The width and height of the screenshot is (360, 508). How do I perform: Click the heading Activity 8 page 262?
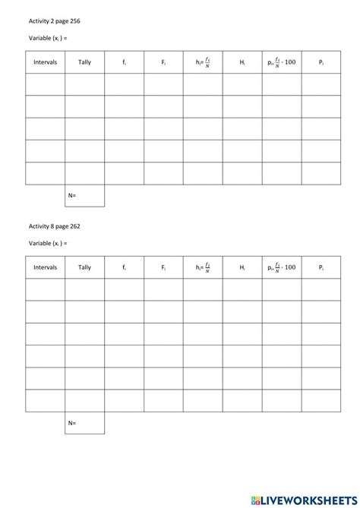pyautogui.click(x=54, y=226)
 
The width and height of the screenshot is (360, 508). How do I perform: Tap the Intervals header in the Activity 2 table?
pyautogui.click(x=45, y=62)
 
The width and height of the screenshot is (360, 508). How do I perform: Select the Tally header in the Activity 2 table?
pyautogui.click(x=84, y=62)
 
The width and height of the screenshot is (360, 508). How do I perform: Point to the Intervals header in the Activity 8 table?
pyautogui.click(x=45, y=267)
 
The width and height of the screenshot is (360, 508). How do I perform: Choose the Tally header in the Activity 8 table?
pyautogui.click(x=84, y=267)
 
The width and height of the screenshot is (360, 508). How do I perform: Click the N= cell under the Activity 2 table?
pyautogui.click(x=84, y=195)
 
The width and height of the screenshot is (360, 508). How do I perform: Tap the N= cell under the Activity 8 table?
pyautogui.click(x=84, y=423)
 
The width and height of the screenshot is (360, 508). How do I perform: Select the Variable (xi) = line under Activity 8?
pyautogui.click(x=48, y=244)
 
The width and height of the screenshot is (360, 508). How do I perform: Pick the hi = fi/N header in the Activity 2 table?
pyautogui.click(x=203, y=62)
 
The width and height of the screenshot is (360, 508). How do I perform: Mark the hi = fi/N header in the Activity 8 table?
pyautogui.click(x=203, y=267)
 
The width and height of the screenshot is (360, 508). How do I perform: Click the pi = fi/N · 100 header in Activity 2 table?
pyautogui.click(x=282, y=62)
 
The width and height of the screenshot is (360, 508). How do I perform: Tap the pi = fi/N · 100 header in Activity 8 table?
pyautogui.click(x=282, y=267)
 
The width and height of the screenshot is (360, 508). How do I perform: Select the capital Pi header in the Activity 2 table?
pyautogui.click(x=321, y=62)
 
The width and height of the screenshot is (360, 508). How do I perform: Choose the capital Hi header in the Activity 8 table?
pyautogui.click(x=242, y=267)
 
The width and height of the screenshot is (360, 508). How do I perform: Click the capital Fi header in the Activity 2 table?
pyautogui.click(x=163, y=62)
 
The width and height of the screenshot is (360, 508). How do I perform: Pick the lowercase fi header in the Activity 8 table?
pyautogui.click(x=124, y=267)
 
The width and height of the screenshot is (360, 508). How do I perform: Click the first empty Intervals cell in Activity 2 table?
pyautogui.click(x=45, y=84)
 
